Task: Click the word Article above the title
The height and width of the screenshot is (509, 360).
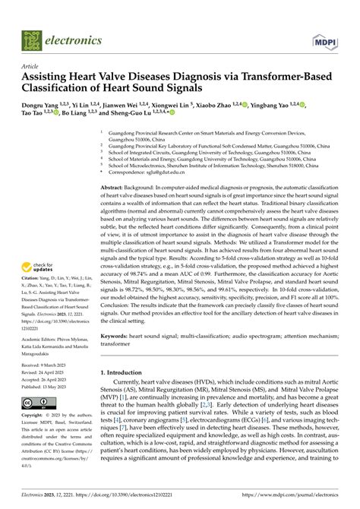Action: click(32, 65)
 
